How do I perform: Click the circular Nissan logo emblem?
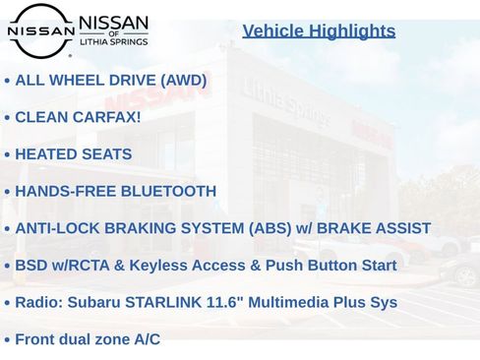40,30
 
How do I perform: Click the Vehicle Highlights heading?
319,30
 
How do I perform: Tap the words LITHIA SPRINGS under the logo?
113,42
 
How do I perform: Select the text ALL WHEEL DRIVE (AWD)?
111,80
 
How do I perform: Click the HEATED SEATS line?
73,154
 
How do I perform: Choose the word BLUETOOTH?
168,191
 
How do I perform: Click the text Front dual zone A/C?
88,339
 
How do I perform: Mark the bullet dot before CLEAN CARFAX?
7,118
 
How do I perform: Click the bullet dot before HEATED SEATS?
7,155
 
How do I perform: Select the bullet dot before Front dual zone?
7,340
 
